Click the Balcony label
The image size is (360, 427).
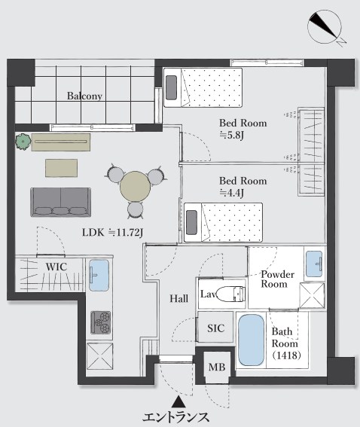(x=84, y=96)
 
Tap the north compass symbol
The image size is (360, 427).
(x=326, y=28)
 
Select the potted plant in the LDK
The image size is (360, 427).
(x=23, y=142)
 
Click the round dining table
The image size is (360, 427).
(x=136, y=186)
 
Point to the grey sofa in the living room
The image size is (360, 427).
(x=61, y=202)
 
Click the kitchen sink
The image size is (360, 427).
(x=99, y=275)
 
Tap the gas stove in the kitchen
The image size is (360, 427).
(x=101, y=322)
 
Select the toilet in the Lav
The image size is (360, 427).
(x=231, y=294)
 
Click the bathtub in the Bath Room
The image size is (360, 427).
(x=252, y=340)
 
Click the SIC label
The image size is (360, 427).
(x=216, y=328)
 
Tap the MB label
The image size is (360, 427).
(x=217, y=367)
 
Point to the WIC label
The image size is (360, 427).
(x=56, y=267)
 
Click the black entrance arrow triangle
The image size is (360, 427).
(x=178, y=401)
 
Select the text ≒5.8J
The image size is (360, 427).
(x=231, y=135)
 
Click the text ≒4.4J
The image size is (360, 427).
(x=231, y=193)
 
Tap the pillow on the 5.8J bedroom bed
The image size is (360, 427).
(x=171, y=87)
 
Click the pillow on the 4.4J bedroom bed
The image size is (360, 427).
(x=191, y=222)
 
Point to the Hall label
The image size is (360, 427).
(x=179, y=299)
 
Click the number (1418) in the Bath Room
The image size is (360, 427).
(x=286, y=355)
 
